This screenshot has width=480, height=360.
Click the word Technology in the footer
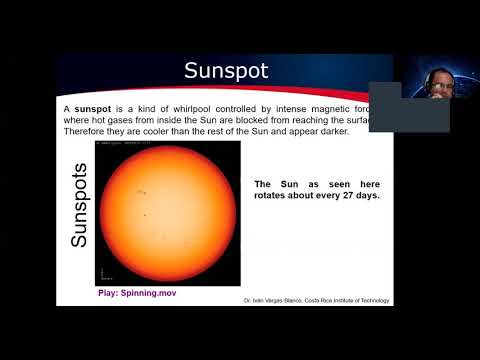(375, 301)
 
